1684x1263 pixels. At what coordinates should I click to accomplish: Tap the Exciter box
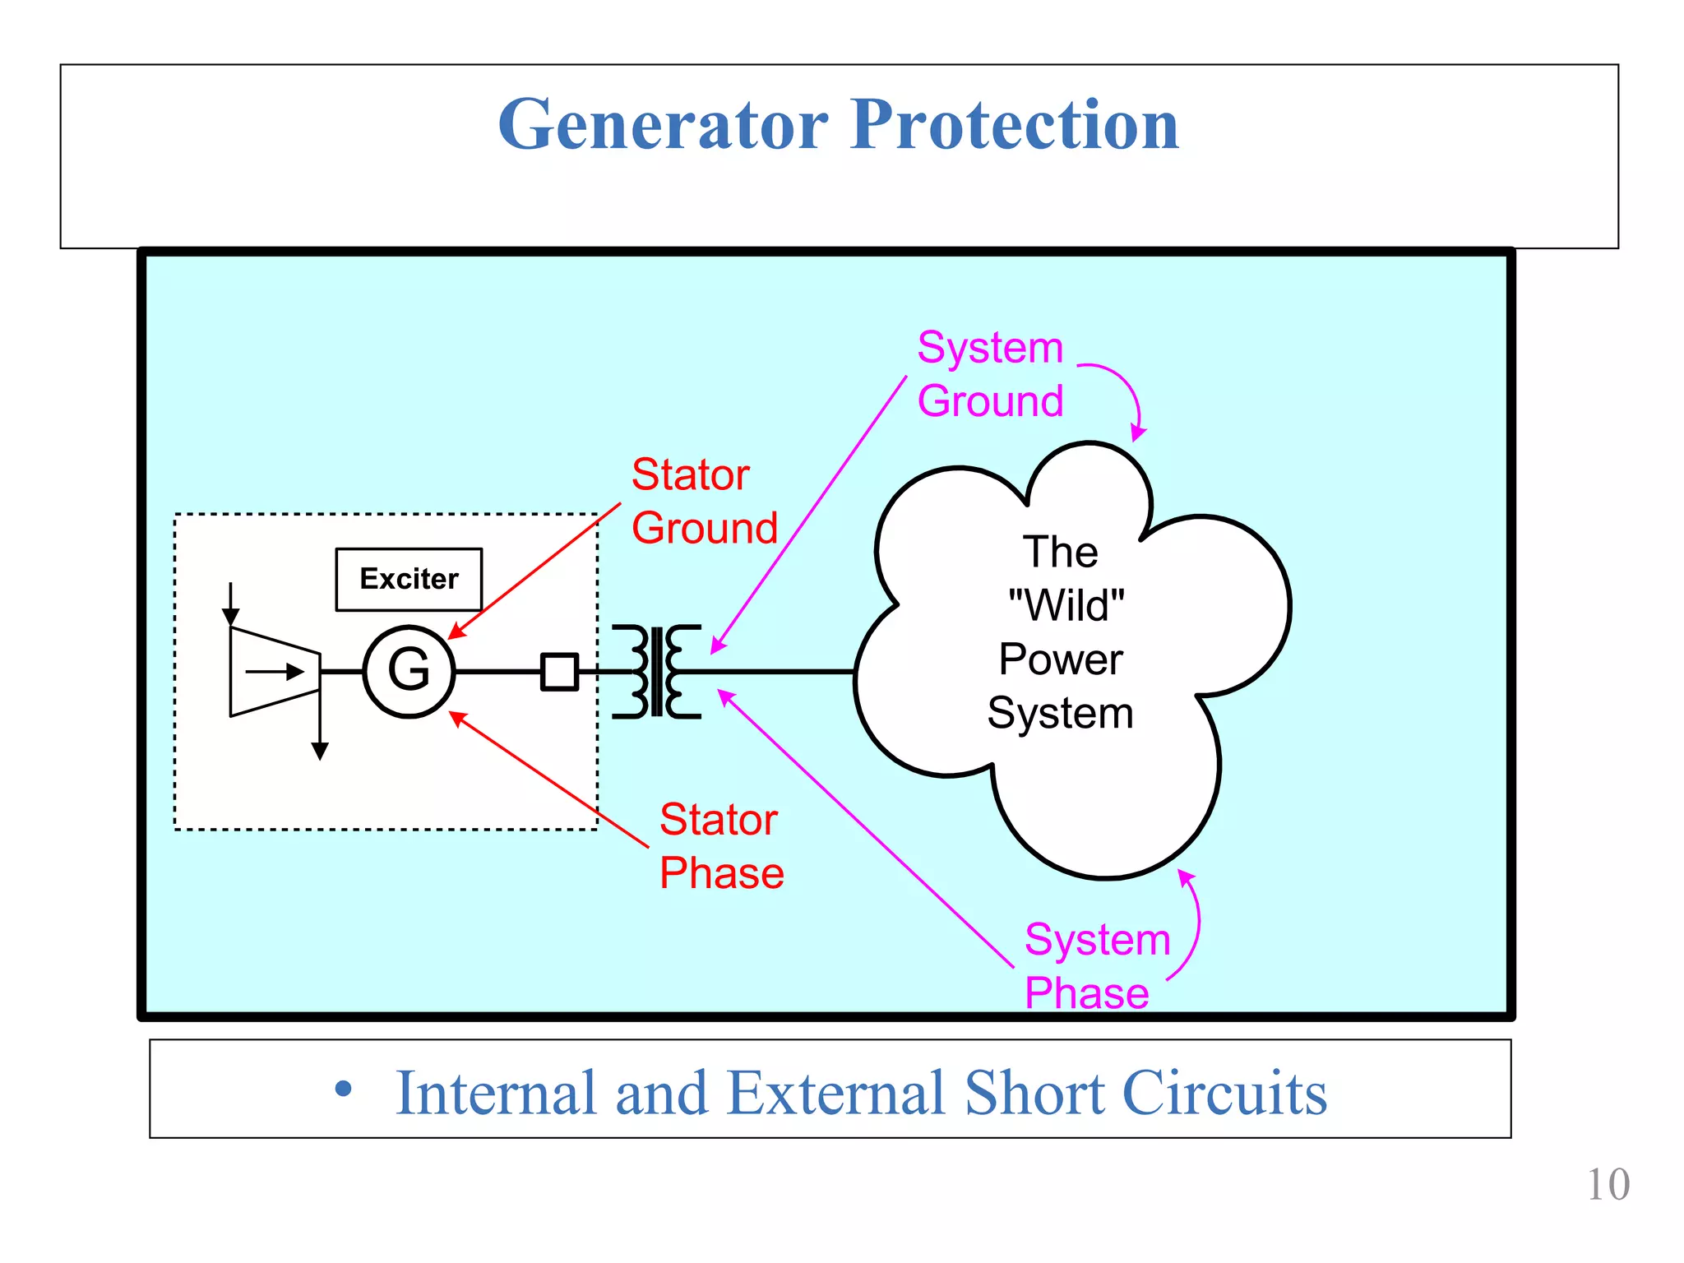coord(409,579)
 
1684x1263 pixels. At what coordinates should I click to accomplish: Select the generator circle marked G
coord(409,671)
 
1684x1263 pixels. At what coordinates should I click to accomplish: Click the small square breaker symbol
coord(559,671)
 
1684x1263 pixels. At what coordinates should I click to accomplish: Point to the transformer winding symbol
coord(656,671)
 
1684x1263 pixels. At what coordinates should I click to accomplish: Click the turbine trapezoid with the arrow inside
coord(275,672)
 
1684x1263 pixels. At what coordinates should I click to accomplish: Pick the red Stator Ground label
coord(703,501)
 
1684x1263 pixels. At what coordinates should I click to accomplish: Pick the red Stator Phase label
coord(720,845)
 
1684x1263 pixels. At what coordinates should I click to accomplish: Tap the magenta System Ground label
coord(990,374)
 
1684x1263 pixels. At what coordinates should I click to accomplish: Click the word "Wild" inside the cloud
coord(1066,605)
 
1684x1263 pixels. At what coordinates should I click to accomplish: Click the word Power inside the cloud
coord(1061,659)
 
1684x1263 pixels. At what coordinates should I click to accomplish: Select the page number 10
coord(1607,1185)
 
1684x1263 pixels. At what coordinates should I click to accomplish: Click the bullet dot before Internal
coord(344,1090)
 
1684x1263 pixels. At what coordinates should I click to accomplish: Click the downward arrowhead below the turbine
coord(320,750)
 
